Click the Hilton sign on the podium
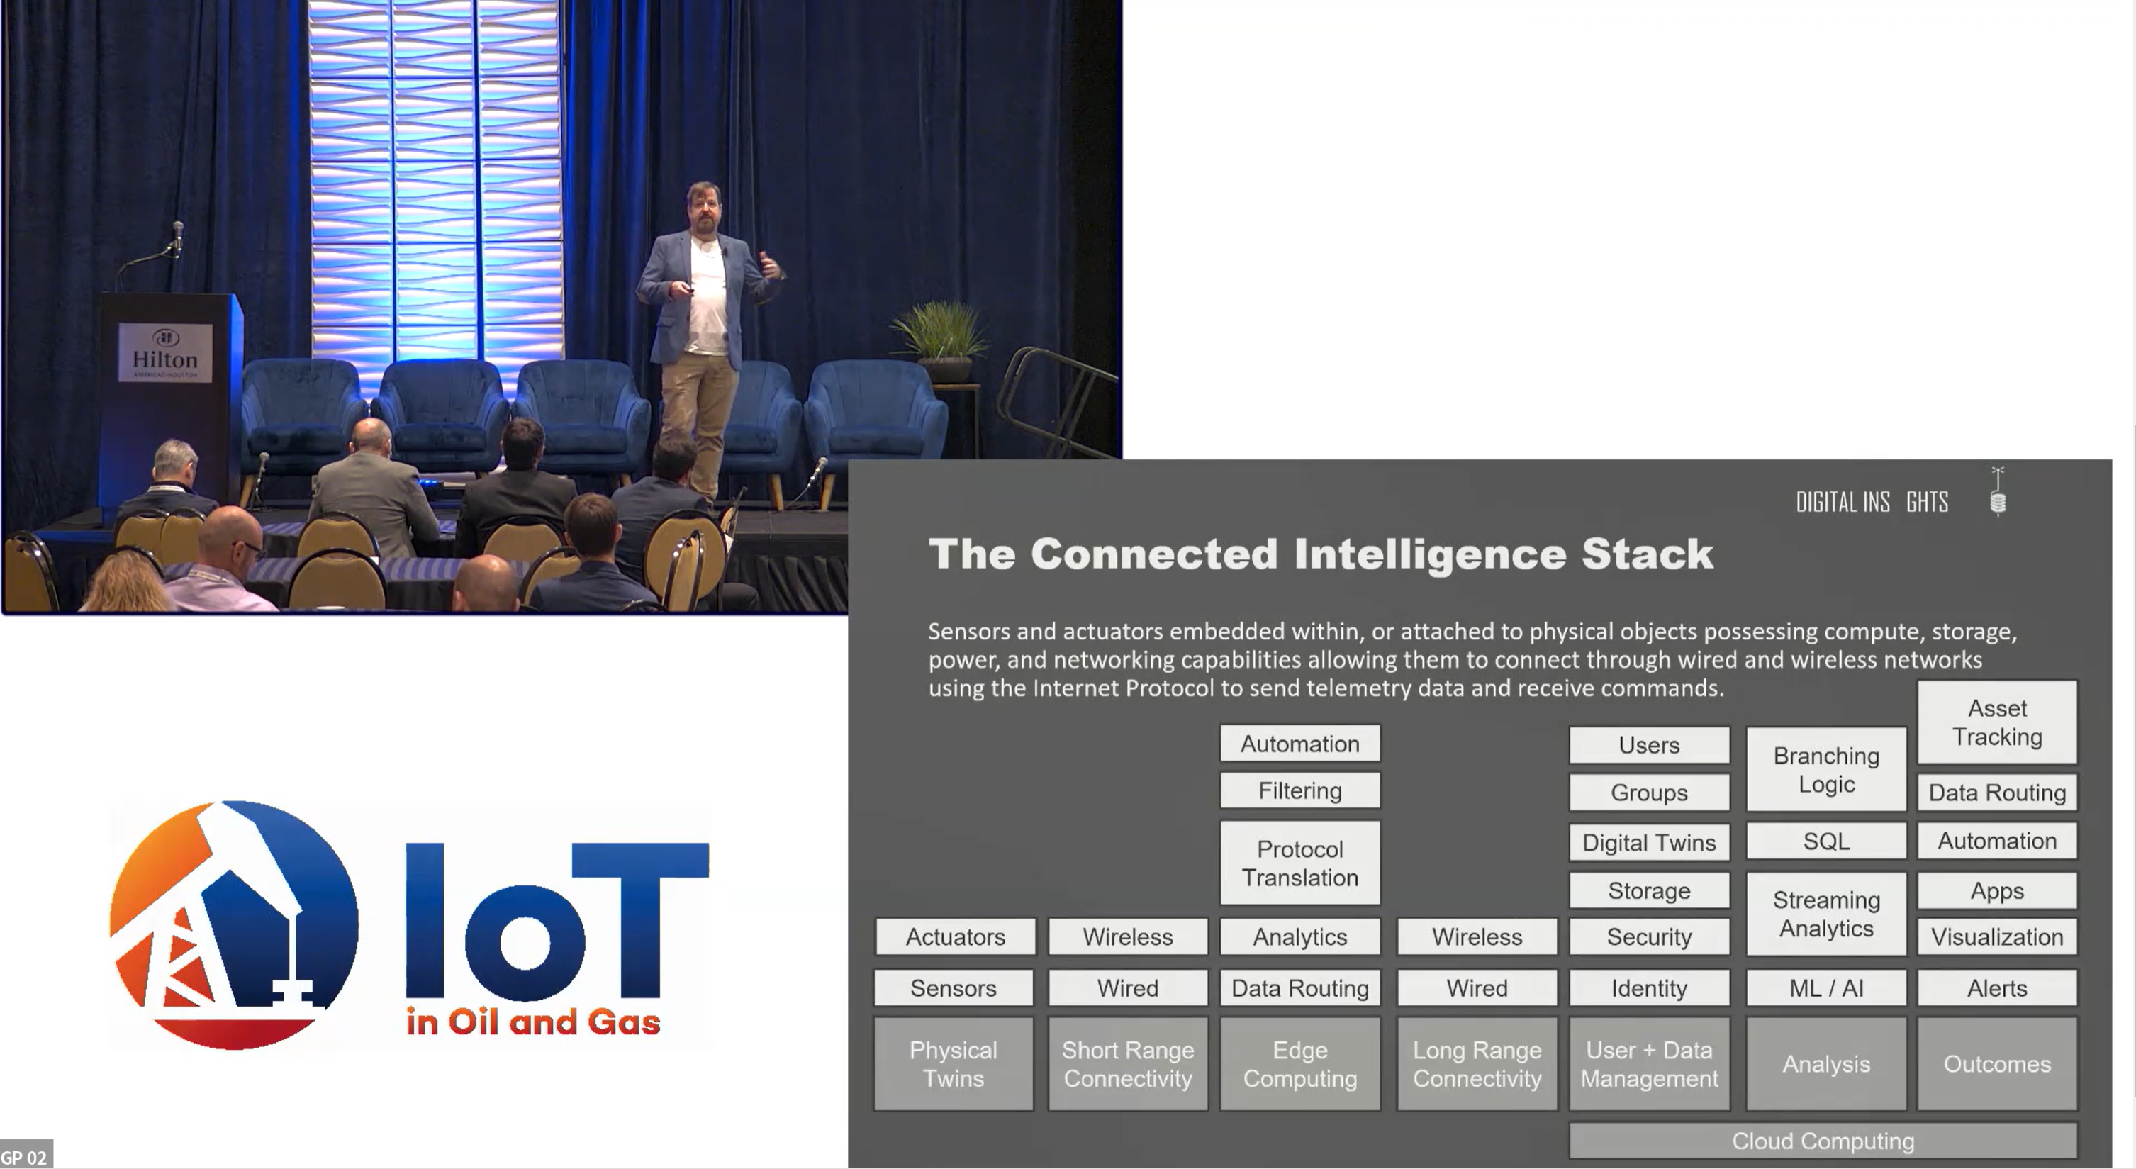pos(165,352)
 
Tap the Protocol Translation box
pos(1299,863)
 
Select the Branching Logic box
pos(1826,769)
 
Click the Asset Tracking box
pos(1996,722)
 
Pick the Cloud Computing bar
pos(1823,1141)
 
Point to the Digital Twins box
pos(1648,842)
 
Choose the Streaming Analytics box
pos(1826,914)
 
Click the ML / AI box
pos(1826,988)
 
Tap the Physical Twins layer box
pos(954,1063)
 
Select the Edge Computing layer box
pos(1299,1063)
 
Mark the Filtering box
pos(1299,791)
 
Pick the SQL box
pos(1826,841)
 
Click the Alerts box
pos(1996,988)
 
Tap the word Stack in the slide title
pos(1647,554)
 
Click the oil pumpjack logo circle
pos(234,924)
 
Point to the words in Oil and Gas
pos(533,1022)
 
